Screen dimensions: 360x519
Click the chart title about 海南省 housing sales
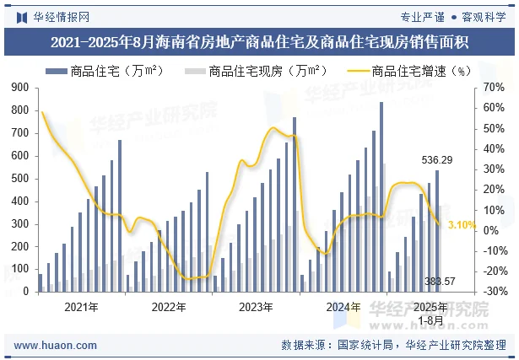point(259,41)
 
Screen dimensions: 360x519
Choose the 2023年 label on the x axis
point(255,307)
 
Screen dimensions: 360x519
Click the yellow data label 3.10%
point(462,226)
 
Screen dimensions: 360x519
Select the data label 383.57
point(440,282)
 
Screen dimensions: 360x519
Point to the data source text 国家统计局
point(365,345)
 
